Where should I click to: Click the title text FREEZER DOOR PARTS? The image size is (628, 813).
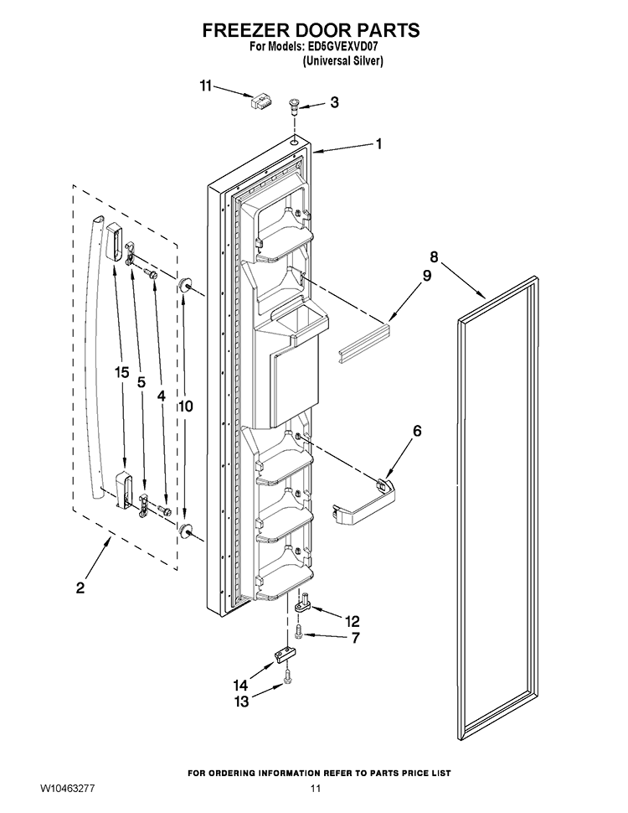[x=311, y=31]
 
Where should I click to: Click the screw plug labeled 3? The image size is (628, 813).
[x=294, y=106]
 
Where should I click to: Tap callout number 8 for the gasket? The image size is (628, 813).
[x=434, y=257]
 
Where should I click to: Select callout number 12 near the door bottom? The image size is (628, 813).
[x=352, y=621]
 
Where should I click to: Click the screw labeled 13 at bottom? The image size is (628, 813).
[x=288, y=676]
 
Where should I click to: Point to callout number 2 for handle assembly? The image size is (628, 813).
[x=80, y=588]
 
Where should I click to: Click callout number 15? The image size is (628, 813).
[x=122, y=373]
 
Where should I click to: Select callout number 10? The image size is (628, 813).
[x=185, y=406]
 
